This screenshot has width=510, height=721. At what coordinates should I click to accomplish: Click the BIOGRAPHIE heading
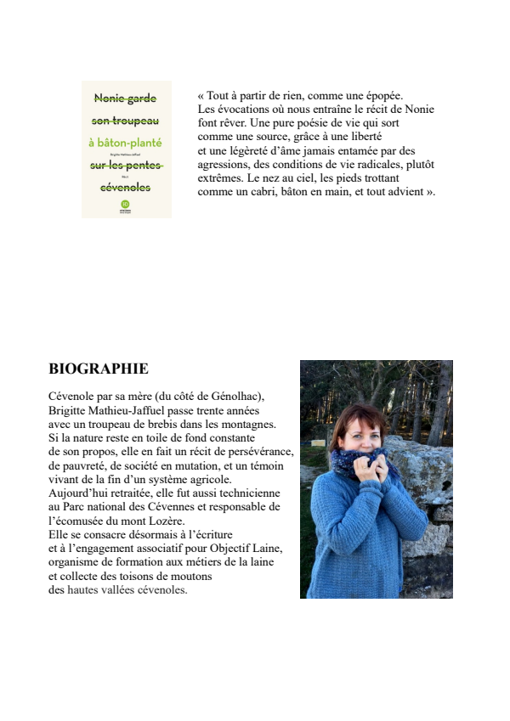tap(99, 369)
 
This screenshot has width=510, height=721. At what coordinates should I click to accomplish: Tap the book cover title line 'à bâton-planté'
tap(126, 144)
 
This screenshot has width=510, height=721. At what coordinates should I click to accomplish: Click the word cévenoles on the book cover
tap(126, 187)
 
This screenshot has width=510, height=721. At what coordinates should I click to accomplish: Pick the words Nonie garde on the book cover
tap(126, 99)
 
